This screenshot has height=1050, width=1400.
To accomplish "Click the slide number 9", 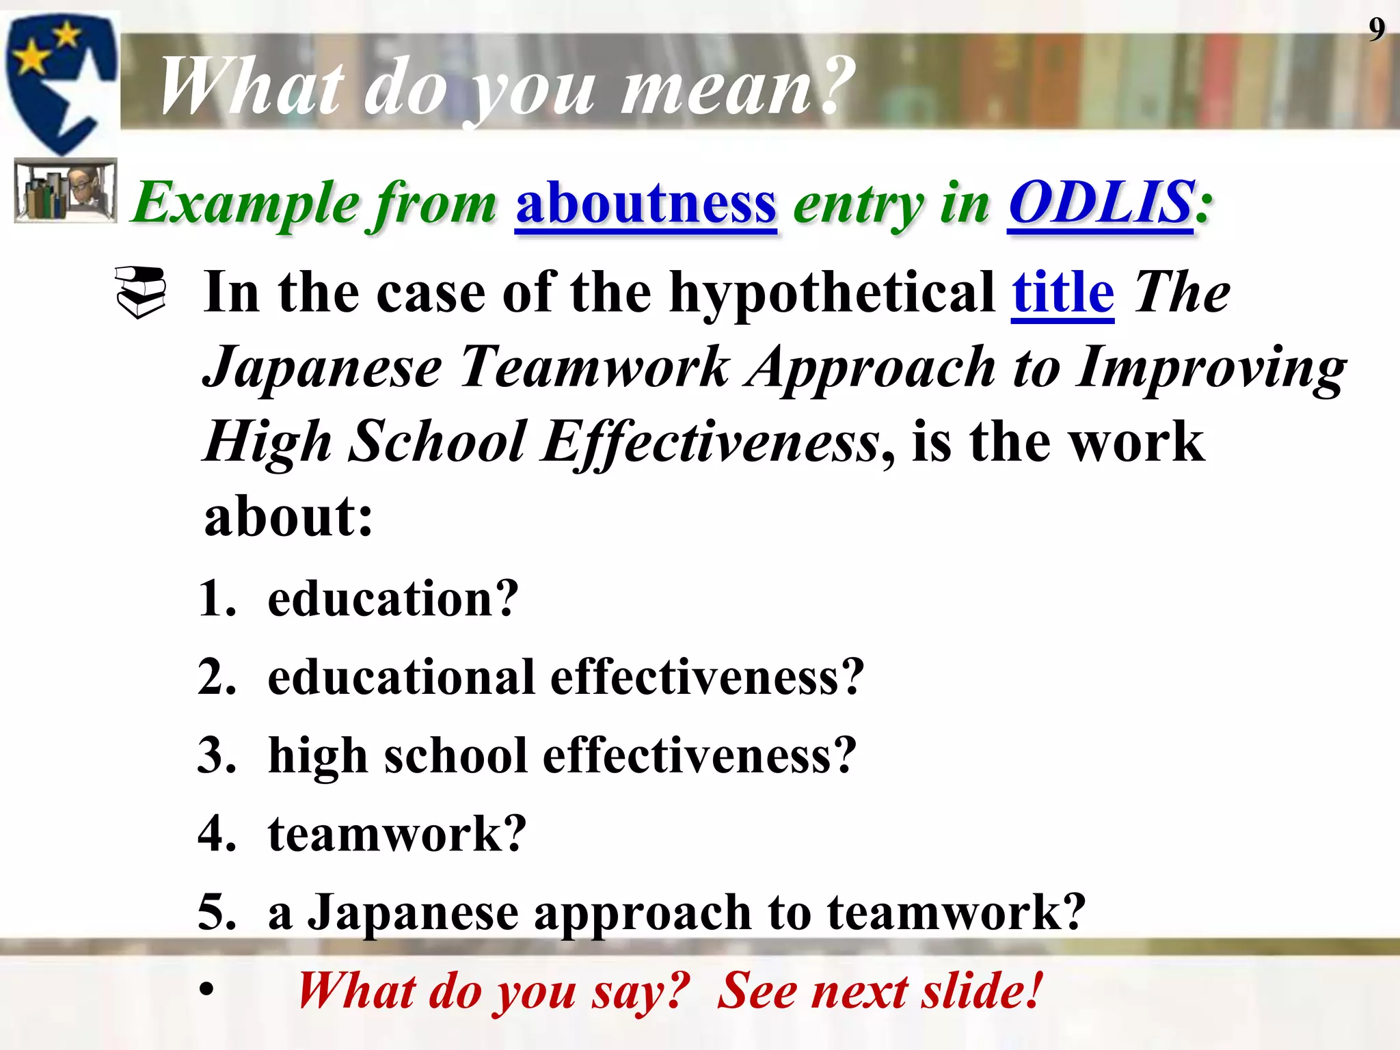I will (1376, 29).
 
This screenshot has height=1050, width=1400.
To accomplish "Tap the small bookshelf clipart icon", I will (66, 191).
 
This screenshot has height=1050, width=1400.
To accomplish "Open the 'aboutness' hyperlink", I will (645, 203).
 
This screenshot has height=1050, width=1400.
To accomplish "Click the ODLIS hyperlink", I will (1101, 203).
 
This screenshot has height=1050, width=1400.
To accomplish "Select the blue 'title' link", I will (1062, 293).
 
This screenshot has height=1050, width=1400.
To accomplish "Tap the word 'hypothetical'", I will (831, 293).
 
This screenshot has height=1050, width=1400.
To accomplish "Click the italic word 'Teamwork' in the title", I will (595, 367).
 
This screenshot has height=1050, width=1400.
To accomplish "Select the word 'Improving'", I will (1210, 367).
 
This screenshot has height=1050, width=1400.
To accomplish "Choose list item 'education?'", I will (392, 599).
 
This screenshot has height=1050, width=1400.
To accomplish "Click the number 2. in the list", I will (217, 677).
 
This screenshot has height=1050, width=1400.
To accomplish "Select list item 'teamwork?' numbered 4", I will (396, 834).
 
